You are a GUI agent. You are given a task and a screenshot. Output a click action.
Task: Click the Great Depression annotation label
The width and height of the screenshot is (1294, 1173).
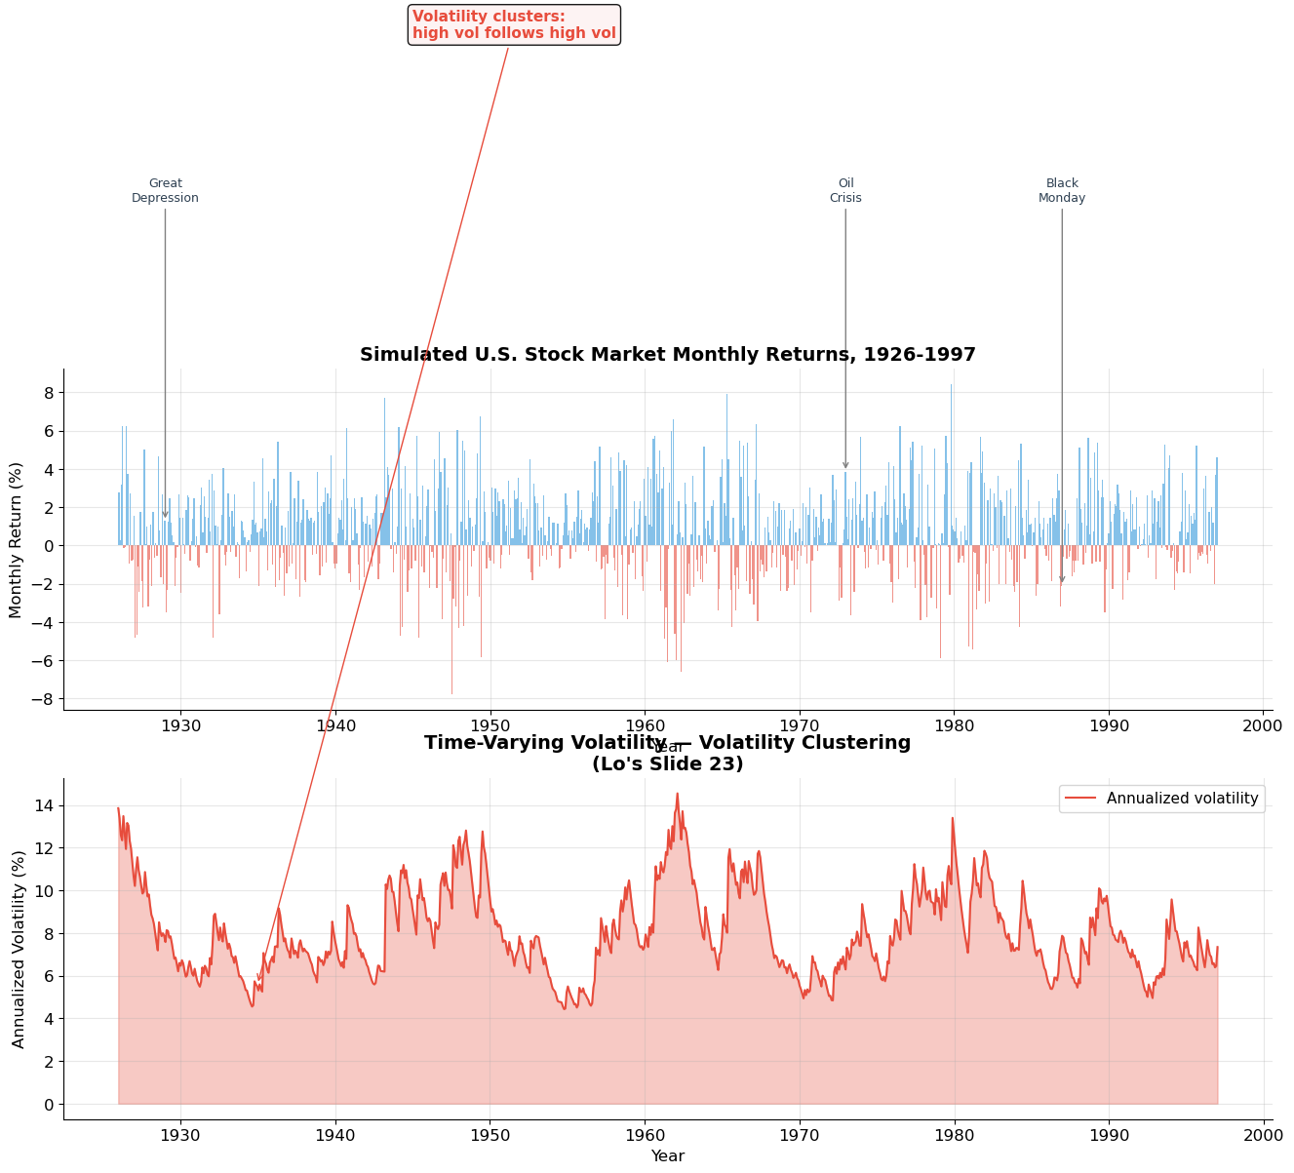click(x=165, y=191)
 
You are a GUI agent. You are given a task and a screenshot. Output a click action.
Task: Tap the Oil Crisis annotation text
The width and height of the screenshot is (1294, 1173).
click(x=845, y=191)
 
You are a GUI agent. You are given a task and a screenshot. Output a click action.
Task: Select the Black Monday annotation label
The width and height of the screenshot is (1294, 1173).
click(x=1062, y=191)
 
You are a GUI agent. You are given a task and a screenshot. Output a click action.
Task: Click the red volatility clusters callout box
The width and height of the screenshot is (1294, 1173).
click(x=514, y=24)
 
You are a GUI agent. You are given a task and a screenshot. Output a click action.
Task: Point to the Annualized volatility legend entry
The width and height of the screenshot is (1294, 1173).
click(x=1162, y=799)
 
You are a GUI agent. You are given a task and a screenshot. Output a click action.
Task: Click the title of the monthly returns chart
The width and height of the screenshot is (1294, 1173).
click(x=667, y=355)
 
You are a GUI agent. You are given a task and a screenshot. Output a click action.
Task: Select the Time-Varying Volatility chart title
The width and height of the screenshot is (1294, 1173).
click(x=667, y=754)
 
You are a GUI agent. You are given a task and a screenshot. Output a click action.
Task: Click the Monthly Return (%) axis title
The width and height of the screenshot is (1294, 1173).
click(x=16, y=539)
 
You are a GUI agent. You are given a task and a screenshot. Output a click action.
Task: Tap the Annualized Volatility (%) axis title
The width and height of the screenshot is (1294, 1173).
click(x=19, y=949)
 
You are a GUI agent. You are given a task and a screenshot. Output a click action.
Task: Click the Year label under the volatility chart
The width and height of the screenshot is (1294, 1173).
click(x=667, y=1156)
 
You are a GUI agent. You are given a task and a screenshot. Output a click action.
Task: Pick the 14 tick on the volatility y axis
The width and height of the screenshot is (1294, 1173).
click(x=45, y=805)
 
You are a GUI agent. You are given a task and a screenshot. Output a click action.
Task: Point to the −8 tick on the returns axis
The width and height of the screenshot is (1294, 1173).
click(x=41, y=699)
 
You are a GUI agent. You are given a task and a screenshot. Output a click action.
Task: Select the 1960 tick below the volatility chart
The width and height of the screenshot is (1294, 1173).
click(x=644, y=1135)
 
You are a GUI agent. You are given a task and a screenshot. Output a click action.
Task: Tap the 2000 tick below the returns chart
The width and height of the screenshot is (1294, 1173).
click(x=1263, y=725)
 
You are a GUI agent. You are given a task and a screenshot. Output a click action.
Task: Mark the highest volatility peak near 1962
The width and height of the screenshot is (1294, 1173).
click(x=677, y=794)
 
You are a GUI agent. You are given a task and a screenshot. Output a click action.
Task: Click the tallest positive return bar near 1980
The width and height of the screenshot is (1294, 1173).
click(x=951, y=384)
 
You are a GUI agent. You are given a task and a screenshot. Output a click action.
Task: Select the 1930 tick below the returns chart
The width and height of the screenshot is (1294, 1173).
click(x=180, y=725)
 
